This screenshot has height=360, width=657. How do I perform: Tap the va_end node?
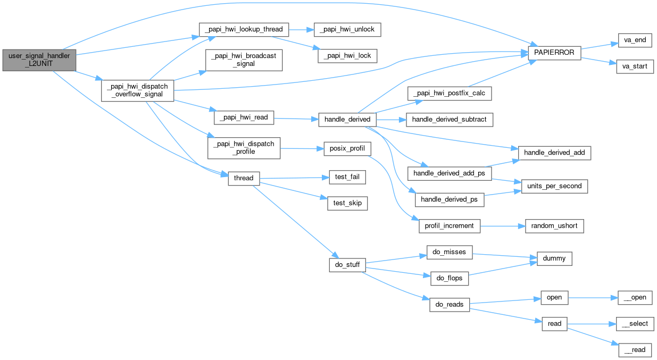(x=635, y=40)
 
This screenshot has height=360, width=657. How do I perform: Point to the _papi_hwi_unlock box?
(x=347, y=29)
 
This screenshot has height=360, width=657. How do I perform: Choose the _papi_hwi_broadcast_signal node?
(x=244, y=60)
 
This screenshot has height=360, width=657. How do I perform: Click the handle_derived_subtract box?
(x=449, y=119)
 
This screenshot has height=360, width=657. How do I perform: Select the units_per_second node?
(x=554, y=186)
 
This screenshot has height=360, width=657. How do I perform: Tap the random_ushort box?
(x=554, y=226)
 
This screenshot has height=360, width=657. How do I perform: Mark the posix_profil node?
(x=347, y=148)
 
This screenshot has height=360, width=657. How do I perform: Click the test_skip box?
(x=347, y=203)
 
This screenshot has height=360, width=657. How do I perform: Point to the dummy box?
(x=554, y=259)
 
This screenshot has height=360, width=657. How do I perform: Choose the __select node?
(x=635, y=323)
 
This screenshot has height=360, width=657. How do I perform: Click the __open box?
(x=635, y=297)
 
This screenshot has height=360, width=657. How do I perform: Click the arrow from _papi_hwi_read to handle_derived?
(x=296, y=119)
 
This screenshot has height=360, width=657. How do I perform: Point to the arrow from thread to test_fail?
(x=293, y=178)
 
